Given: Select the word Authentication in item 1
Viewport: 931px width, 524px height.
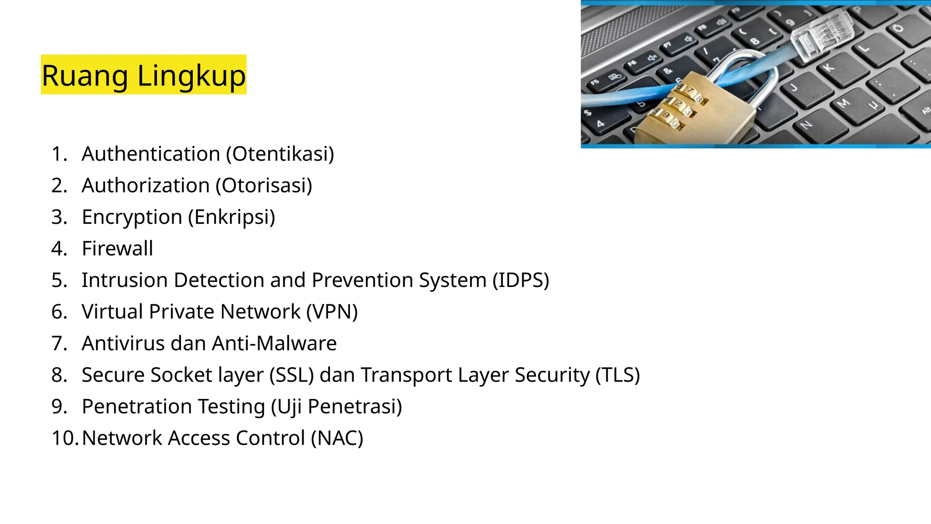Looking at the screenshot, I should tap(151, 154).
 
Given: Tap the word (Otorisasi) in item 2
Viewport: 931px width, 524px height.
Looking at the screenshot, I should tap(264, 186).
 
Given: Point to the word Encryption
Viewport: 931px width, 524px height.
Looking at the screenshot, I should tap(132, 217).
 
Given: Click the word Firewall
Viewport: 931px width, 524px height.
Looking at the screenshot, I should tap(117, 248).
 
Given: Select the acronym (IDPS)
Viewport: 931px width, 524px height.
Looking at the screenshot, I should tap(521, 280).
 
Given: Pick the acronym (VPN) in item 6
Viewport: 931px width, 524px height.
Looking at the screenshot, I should tap(332, 312).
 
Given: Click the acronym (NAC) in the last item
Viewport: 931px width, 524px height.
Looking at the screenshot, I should tap(337, 438).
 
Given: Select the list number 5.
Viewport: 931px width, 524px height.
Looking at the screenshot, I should tap(59, 280).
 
